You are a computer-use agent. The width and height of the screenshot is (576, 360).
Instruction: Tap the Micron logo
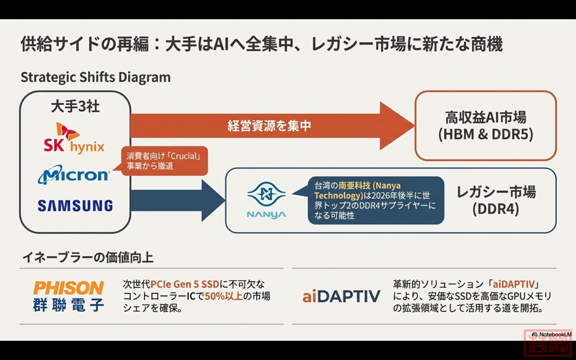[74, 175]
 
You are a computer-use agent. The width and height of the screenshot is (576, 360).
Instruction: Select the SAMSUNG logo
[75, 206]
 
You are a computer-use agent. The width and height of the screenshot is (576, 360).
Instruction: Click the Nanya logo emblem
[266, 195]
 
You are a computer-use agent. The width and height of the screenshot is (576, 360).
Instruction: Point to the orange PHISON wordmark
[68, 287]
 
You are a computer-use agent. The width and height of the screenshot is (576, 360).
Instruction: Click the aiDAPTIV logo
[342, 297]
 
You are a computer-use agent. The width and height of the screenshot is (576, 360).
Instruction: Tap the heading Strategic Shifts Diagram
[95, 78]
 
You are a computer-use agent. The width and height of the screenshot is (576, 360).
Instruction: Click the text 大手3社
[75, 106]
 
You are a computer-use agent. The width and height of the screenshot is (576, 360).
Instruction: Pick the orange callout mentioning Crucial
[164, 161]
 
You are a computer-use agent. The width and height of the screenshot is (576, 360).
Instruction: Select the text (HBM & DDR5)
[486, 134]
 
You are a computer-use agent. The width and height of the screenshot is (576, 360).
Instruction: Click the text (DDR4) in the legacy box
[496, 209]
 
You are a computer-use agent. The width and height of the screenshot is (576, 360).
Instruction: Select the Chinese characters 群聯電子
[68, 303]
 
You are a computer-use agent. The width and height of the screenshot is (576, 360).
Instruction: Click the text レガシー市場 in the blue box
[496, 191]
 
